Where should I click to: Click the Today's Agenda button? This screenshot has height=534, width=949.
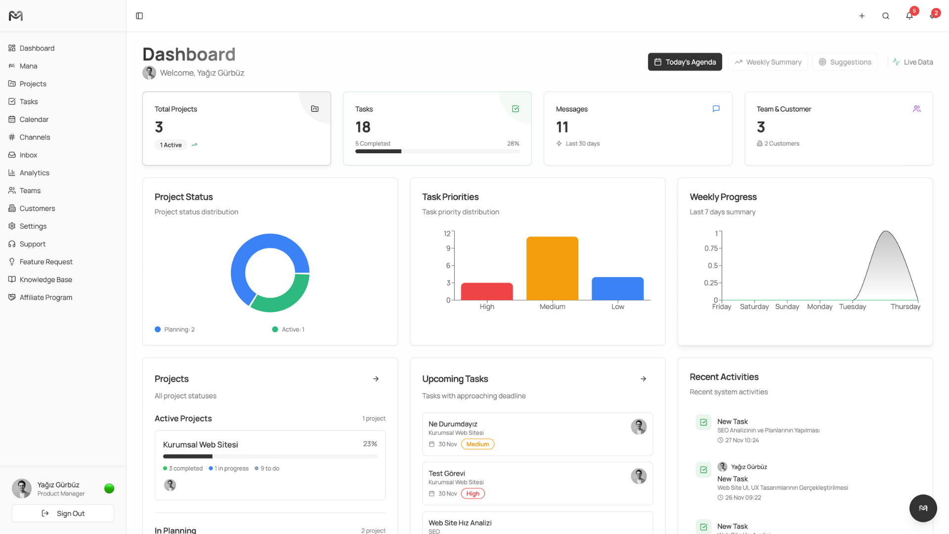[x=685, y=62]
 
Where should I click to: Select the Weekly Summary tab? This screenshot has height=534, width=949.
[x=768, y=62]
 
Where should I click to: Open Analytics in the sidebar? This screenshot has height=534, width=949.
[x=34, y=173]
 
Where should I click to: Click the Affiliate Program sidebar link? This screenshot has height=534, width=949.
[x=45, y=297]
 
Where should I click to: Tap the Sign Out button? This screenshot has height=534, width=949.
[x=63, y=513]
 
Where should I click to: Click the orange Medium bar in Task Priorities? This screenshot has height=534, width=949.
[x=552, y=268]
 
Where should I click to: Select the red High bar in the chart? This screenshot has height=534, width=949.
[x=487, y=291]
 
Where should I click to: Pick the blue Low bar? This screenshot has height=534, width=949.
[x=617, y=288]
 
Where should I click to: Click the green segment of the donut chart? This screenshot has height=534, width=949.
[x=282, y=296]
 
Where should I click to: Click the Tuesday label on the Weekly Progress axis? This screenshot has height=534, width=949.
[x=852, y=307]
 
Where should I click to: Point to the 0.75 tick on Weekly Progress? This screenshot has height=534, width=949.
[x=711, y=248]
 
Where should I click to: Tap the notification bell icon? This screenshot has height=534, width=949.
[x=909, y=16]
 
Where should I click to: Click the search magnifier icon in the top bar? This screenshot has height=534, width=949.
[x=885, y=16]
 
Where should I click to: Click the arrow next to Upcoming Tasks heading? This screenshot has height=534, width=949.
[x=643, y=379]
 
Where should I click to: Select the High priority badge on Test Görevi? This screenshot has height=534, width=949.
[x=473, y=493]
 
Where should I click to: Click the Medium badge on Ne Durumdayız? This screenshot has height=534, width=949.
[x=477, y=444]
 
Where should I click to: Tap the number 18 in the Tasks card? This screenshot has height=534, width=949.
[x=363, y=127]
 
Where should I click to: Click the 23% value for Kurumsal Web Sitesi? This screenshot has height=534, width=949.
[x=370, y=444]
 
